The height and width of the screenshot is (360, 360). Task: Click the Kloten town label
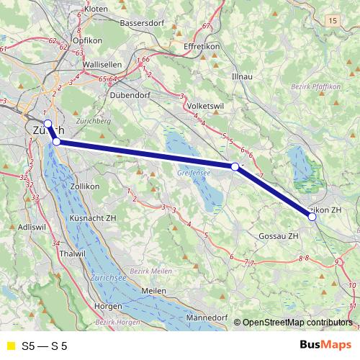[96, 9]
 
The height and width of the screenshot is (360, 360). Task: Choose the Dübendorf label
[135, 94]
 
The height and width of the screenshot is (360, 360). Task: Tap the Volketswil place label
[207, 105]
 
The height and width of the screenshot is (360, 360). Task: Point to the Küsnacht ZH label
[95, 217]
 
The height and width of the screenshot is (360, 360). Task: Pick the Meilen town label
[154, 289]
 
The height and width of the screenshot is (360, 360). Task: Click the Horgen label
[109, 305]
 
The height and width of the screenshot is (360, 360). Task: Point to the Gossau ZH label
[279, 235]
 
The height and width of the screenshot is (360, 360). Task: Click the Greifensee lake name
[193, 174]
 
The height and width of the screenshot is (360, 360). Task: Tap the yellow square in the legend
[10, 346]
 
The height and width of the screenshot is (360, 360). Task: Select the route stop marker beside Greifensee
[235, 166]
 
